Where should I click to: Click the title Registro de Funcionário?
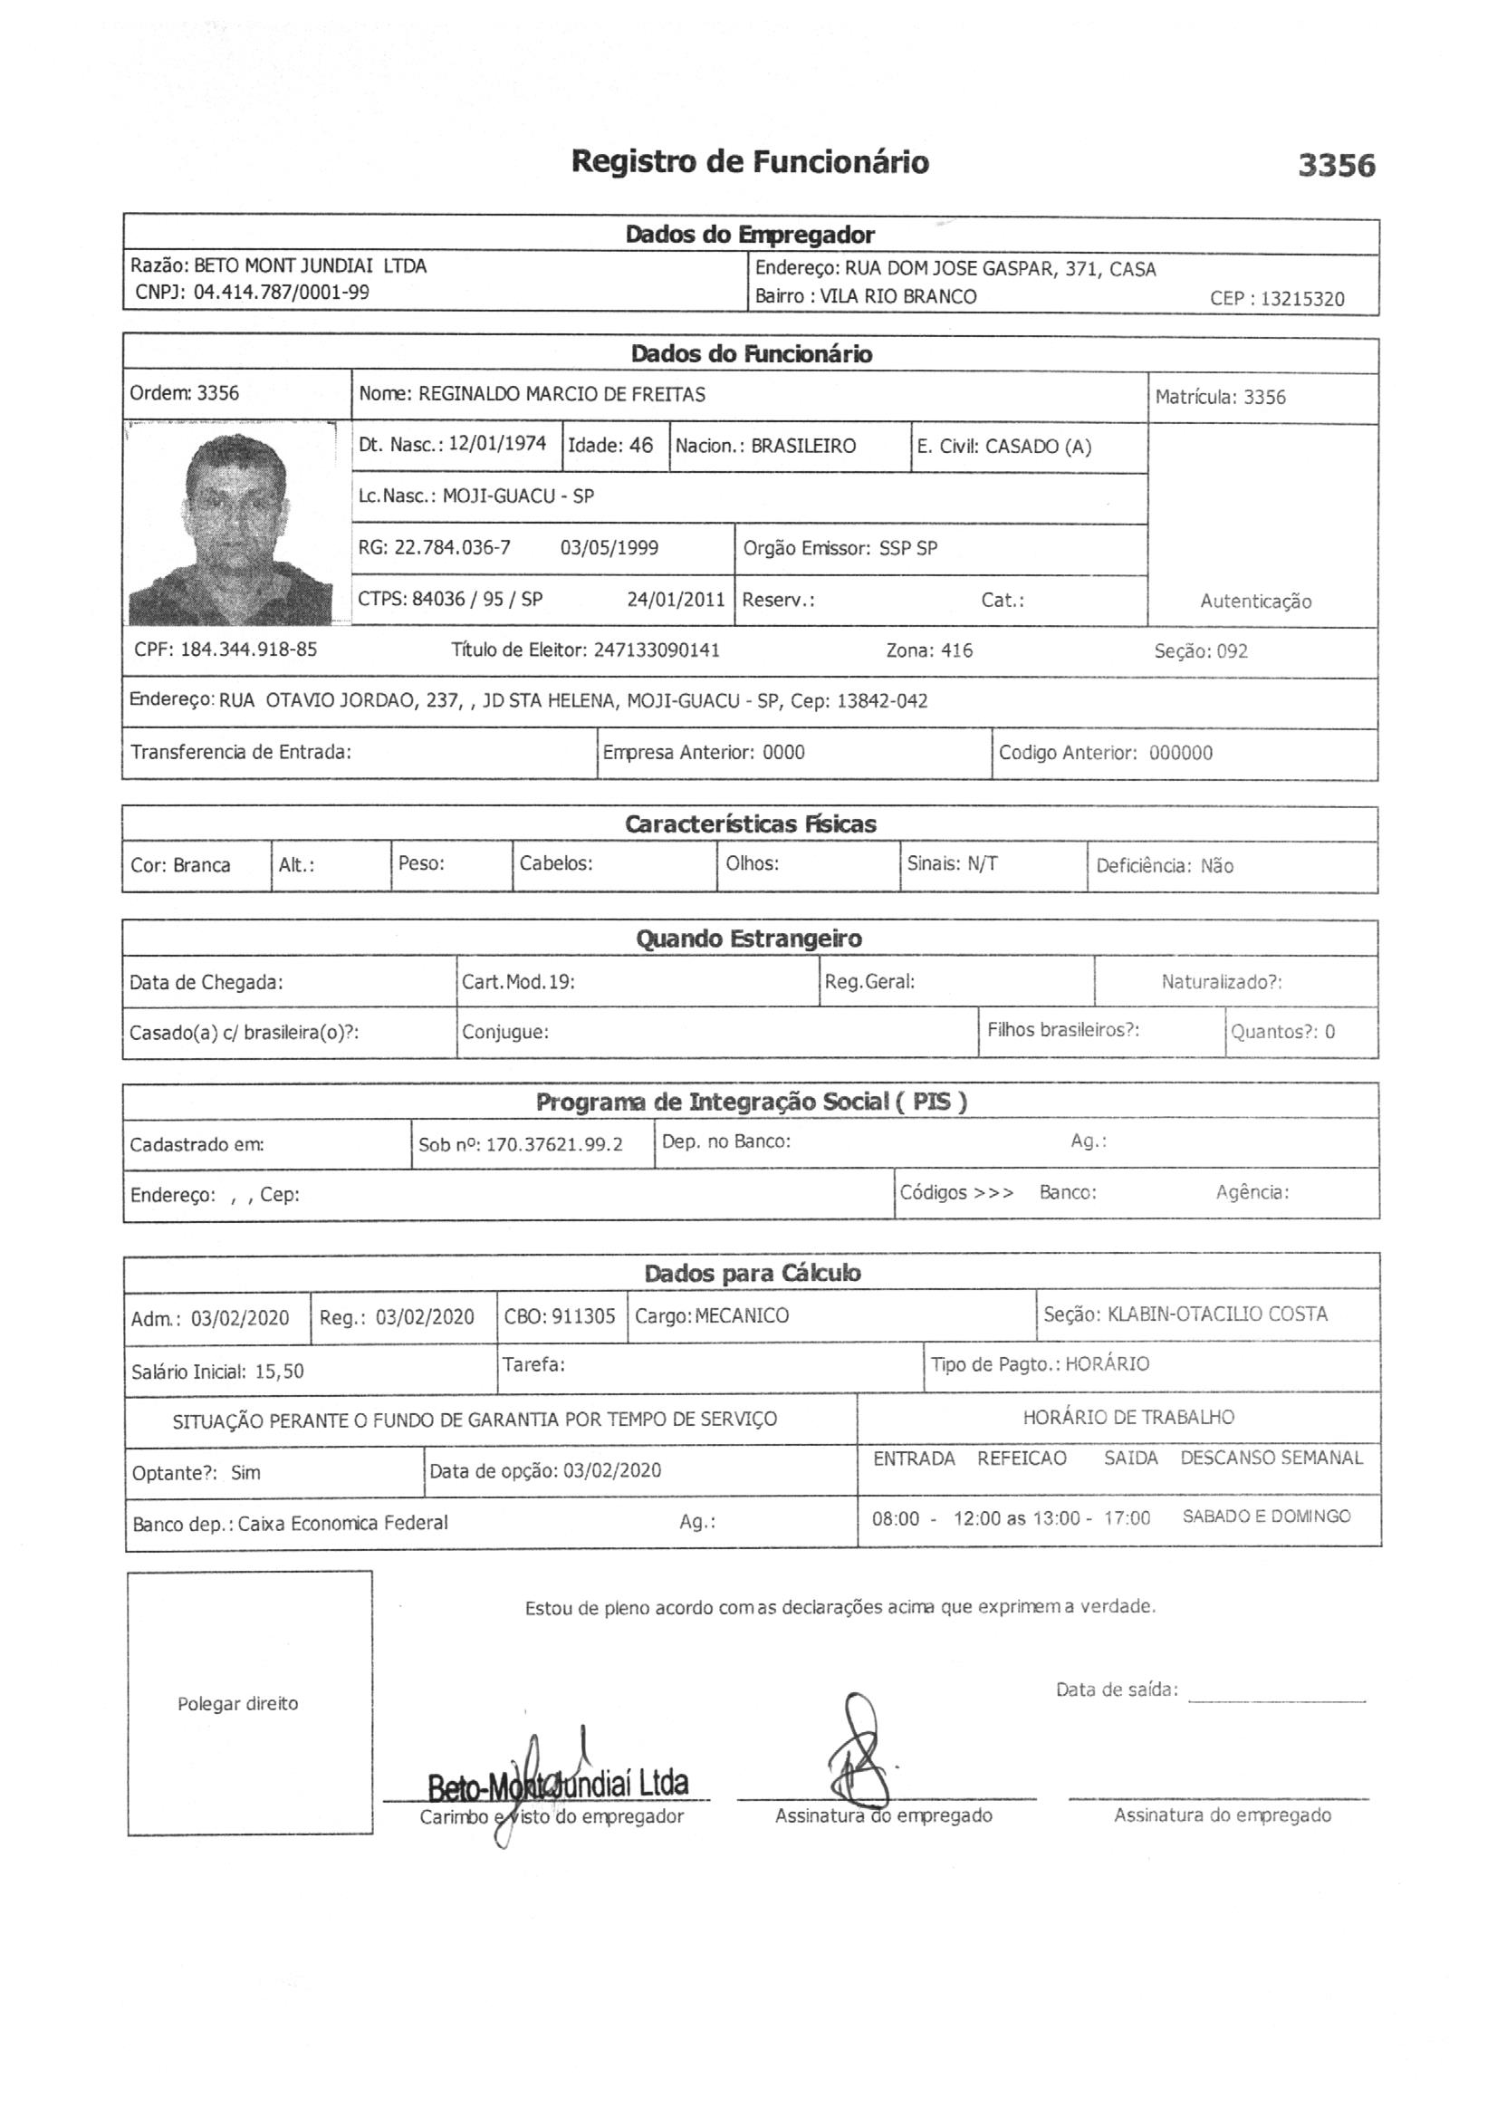click(x=749, y=162)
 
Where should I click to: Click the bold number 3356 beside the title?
click(x=1336, y=166)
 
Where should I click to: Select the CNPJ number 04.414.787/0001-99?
click(x=282, y=294)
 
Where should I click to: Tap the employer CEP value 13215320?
click(x=1302, y=299)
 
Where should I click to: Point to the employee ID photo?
click(x=231, y=524)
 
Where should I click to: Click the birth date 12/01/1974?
click(x=497, y=444)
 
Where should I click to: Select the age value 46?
click(x=641, y=446)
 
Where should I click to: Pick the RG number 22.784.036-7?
click(x=452, y=548)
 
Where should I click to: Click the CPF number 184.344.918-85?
click(x=248, y=650)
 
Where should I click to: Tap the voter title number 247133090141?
click(x=657, y=650)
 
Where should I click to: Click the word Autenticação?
click(x=1255, y=602)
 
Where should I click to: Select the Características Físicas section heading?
click(x=750, y=823)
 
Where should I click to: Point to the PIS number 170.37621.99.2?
click(x=554, y=1145)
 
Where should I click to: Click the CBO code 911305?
click(x=583, y=1316)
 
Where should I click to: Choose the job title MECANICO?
click(x=743, y=1316)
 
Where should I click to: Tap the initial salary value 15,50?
click(x=279, y=1372)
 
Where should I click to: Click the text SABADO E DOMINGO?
click(x=1265, y=1516)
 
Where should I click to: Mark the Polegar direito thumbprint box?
click(x=249, y=1703)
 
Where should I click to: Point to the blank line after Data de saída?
click(x=1277, y=1699)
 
